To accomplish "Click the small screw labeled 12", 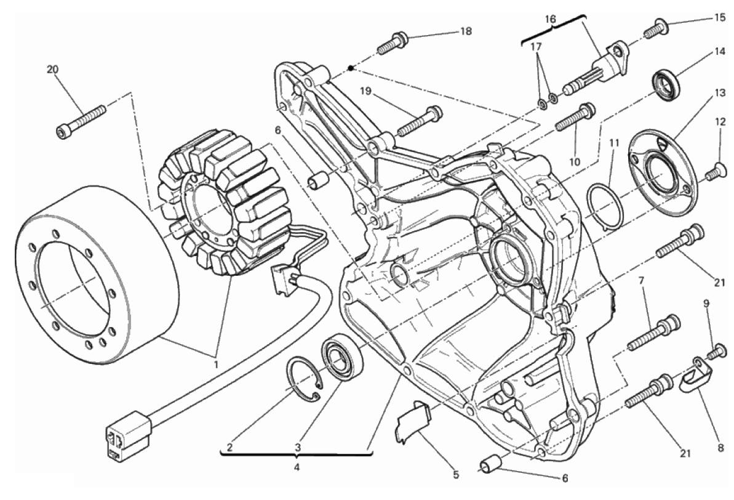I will point(714,173).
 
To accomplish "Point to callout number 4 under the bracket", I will point(297,466).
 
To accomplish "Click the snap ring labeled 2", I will point(305,382).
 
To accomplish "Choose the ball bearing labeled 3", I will point(343,357).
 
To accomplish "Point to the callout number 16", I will point(550,19).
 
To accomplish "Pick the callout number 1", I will point(216,365).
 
